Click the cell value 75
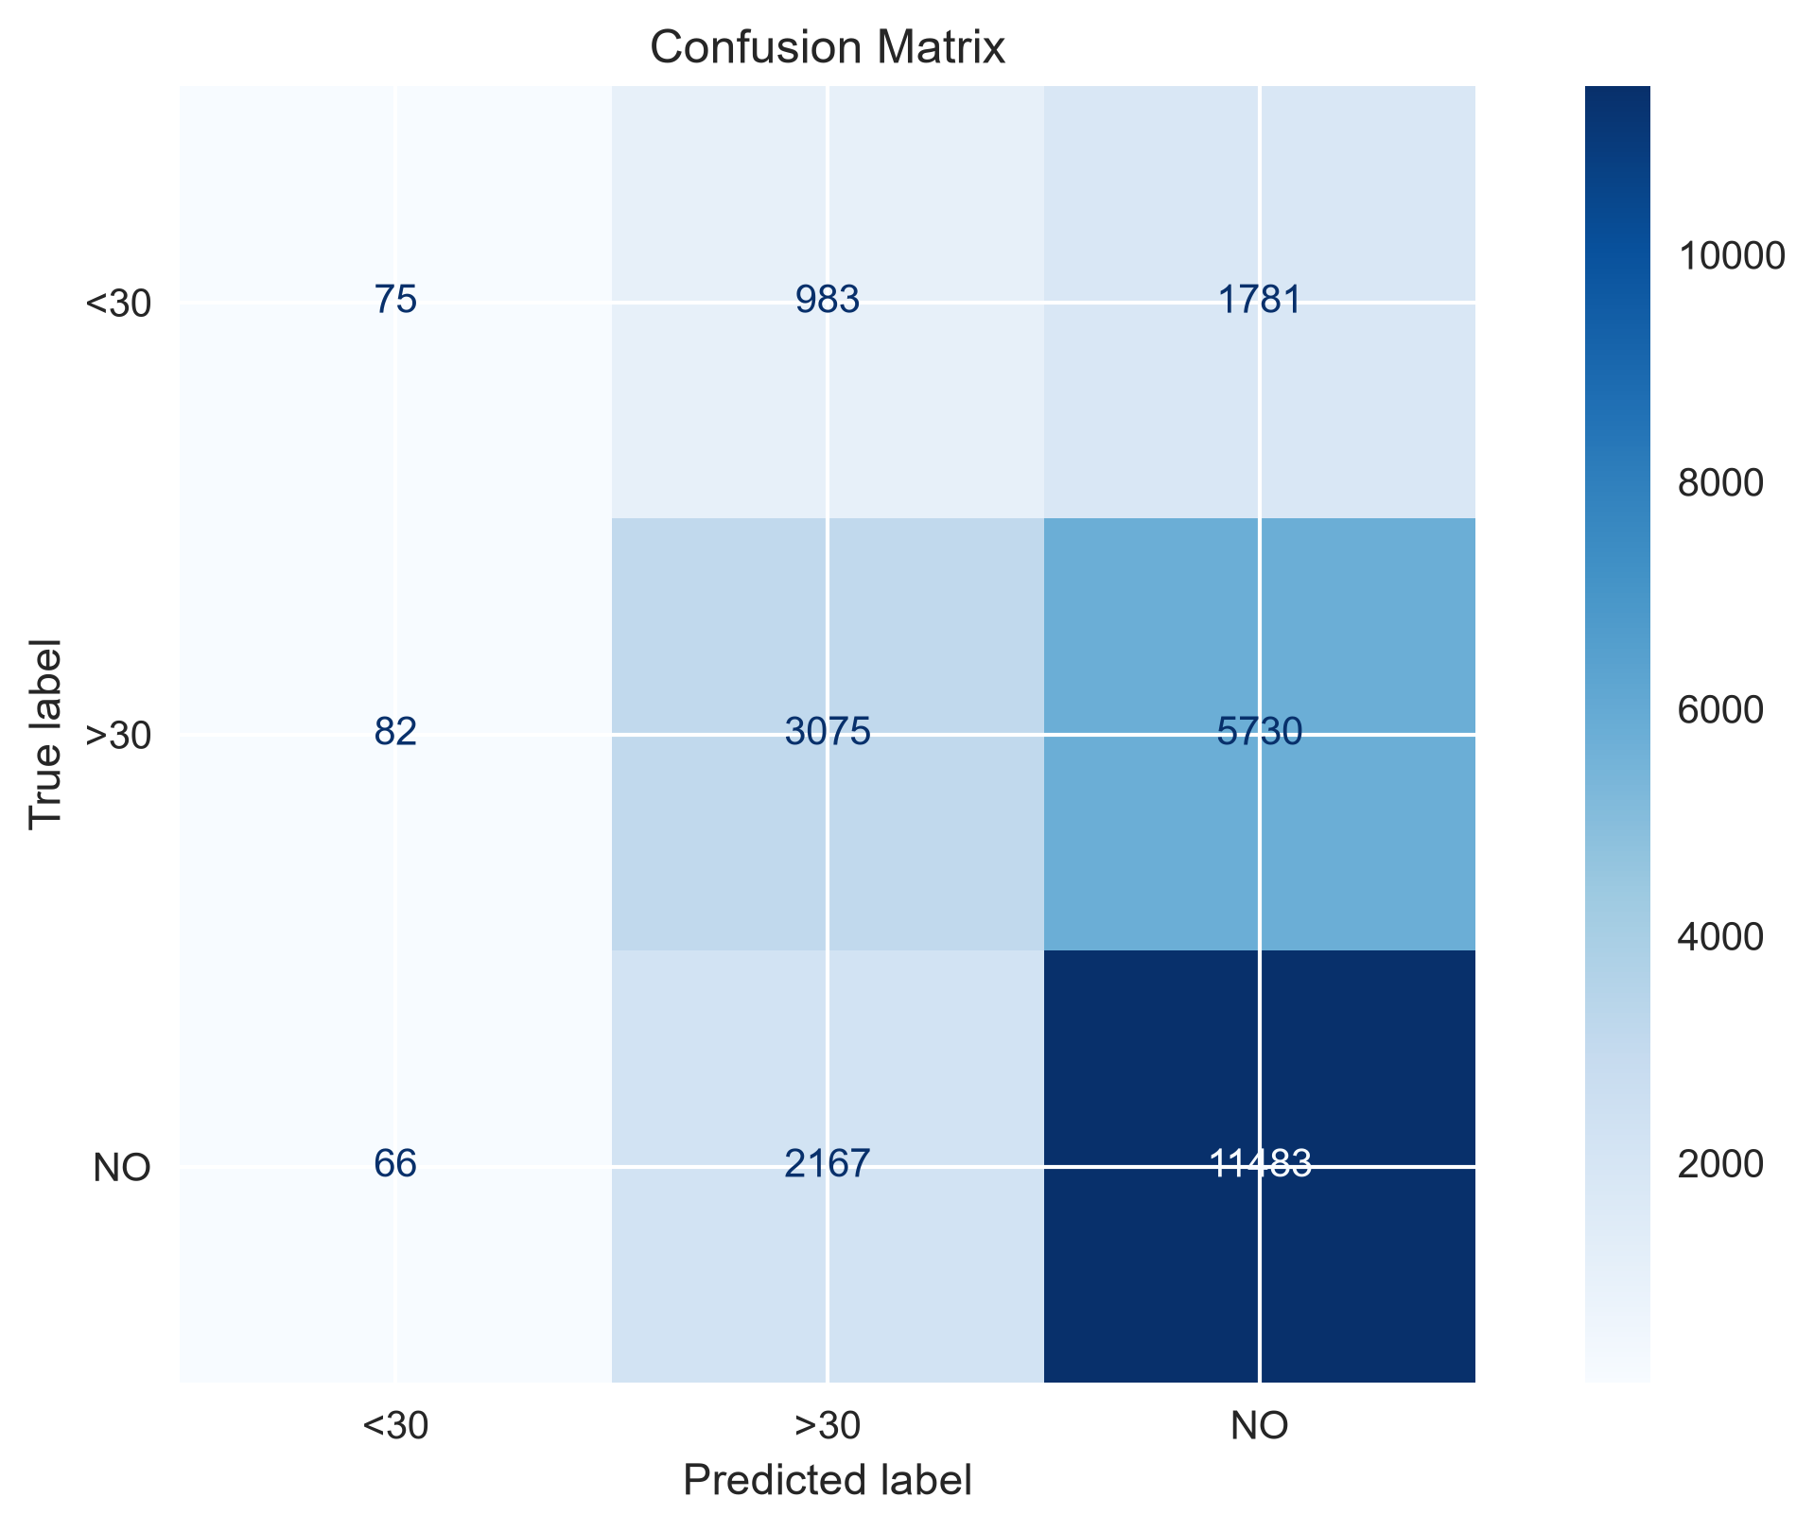395,300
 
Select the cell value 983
828,300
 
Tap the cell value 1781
1260,300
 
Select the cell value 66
395,1164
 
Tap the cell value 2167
828,1164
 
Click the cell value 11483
1260,1164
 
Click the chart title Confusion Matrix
828,48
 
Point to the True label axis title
44,734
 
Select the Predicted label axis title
828,1481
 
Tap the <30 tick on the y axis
119,305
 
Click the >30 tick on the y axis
119,737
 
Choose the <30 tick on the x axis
395,1426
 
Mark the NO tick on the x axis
1260,1426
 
